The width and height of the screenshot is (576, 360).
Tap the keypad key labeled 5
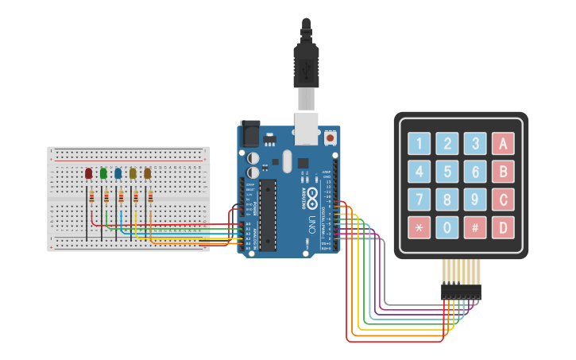(447, 172)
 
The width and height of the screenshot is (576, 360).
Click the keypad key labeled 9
(475, 199)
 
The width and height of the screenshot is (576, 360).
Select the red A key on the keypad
(502, 144)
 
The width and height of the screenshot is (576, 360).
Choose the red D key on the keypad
(502, 227)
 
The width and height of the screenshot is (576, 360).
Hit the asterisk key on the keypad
(419, 227)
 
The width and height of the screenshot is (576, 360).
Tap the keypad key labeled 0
(447, 227)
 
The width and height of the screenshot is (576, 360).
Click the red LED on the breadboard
(89, 172)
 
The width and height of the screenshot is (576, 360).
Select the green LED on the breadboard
(103, 172)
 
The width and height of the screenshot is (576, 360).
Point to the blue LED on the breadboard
(118, 172)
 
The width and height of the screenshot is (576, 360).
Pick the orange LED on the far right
(147, 172)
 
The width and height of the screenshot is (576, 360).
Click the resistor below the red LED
(92, 197)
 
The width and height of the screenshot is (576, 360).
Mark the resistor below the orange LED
(150, 197)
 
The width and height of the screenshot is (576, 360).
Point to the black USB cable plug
(306, 68)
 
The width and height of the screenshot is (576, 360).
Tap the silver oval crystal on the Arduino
(287, 161)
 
